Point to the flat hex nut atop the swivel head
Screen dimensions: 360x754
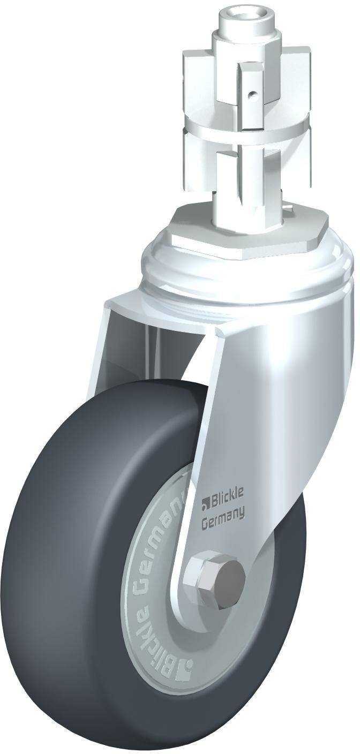(247, 231)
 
